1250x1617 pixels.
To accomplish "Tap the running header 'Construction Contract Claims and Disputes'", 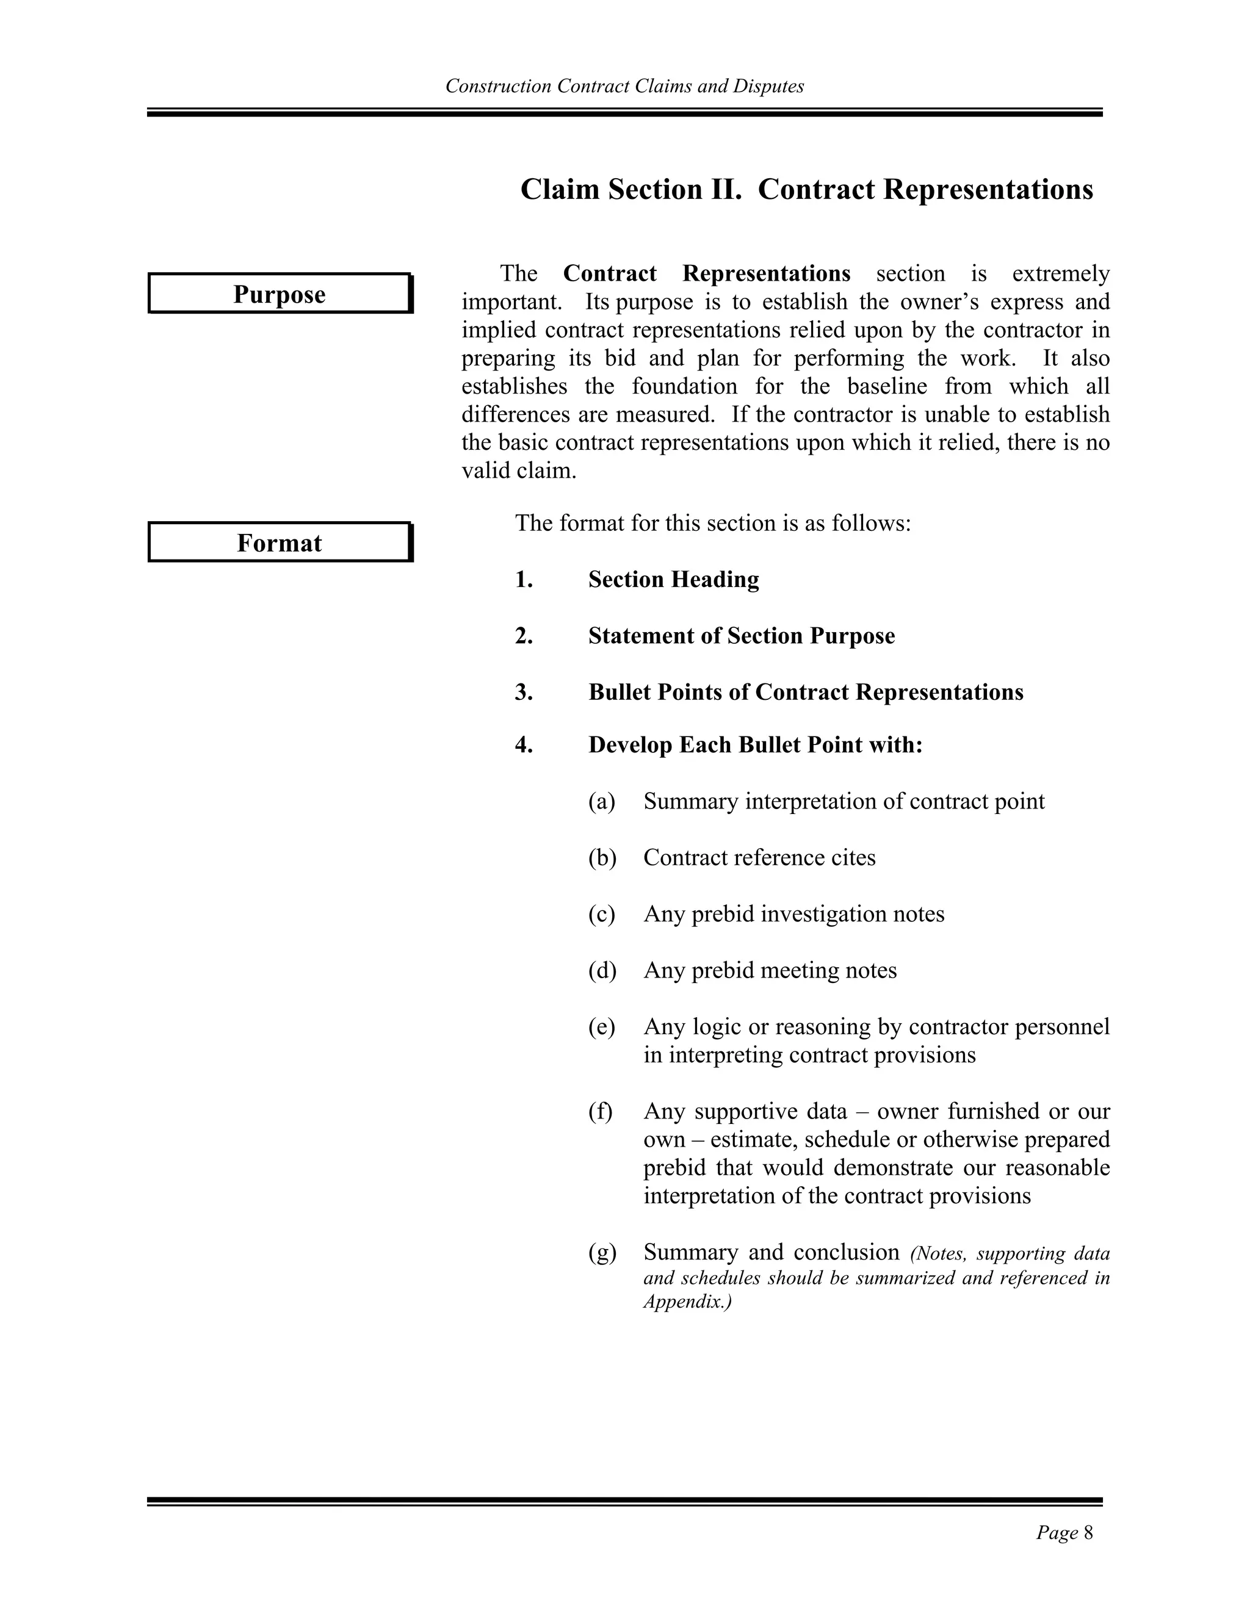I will [624, 86].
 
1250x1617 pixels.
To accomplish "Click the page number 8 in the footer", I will [1088, 1533].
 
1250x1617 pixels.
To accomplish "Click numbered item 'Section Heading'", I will [673, 579].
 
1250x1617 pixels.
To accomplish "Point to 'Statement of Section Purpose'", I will [741, 635].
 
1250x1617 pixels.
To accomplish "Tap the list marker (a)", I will [601, 801].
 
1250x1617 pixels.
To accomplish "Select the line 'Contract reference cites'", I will [759, 857].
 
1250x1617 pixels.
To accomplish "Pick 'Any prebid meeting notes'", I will [770, 970].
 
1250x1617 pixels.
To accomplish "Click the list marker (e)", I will [601, 1027].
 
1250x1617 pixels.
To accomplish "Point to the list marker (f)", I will [601, 1111].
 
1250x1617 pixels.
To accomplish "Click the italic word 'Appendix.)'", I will [687, 1302].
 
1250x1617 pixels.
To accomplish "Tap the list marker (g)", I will [601, 1253].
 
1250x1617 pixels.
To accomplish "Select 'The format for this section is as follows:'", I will [712, 523].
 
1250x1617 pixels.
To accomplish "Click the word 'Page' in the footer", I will [1057, 1533].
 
